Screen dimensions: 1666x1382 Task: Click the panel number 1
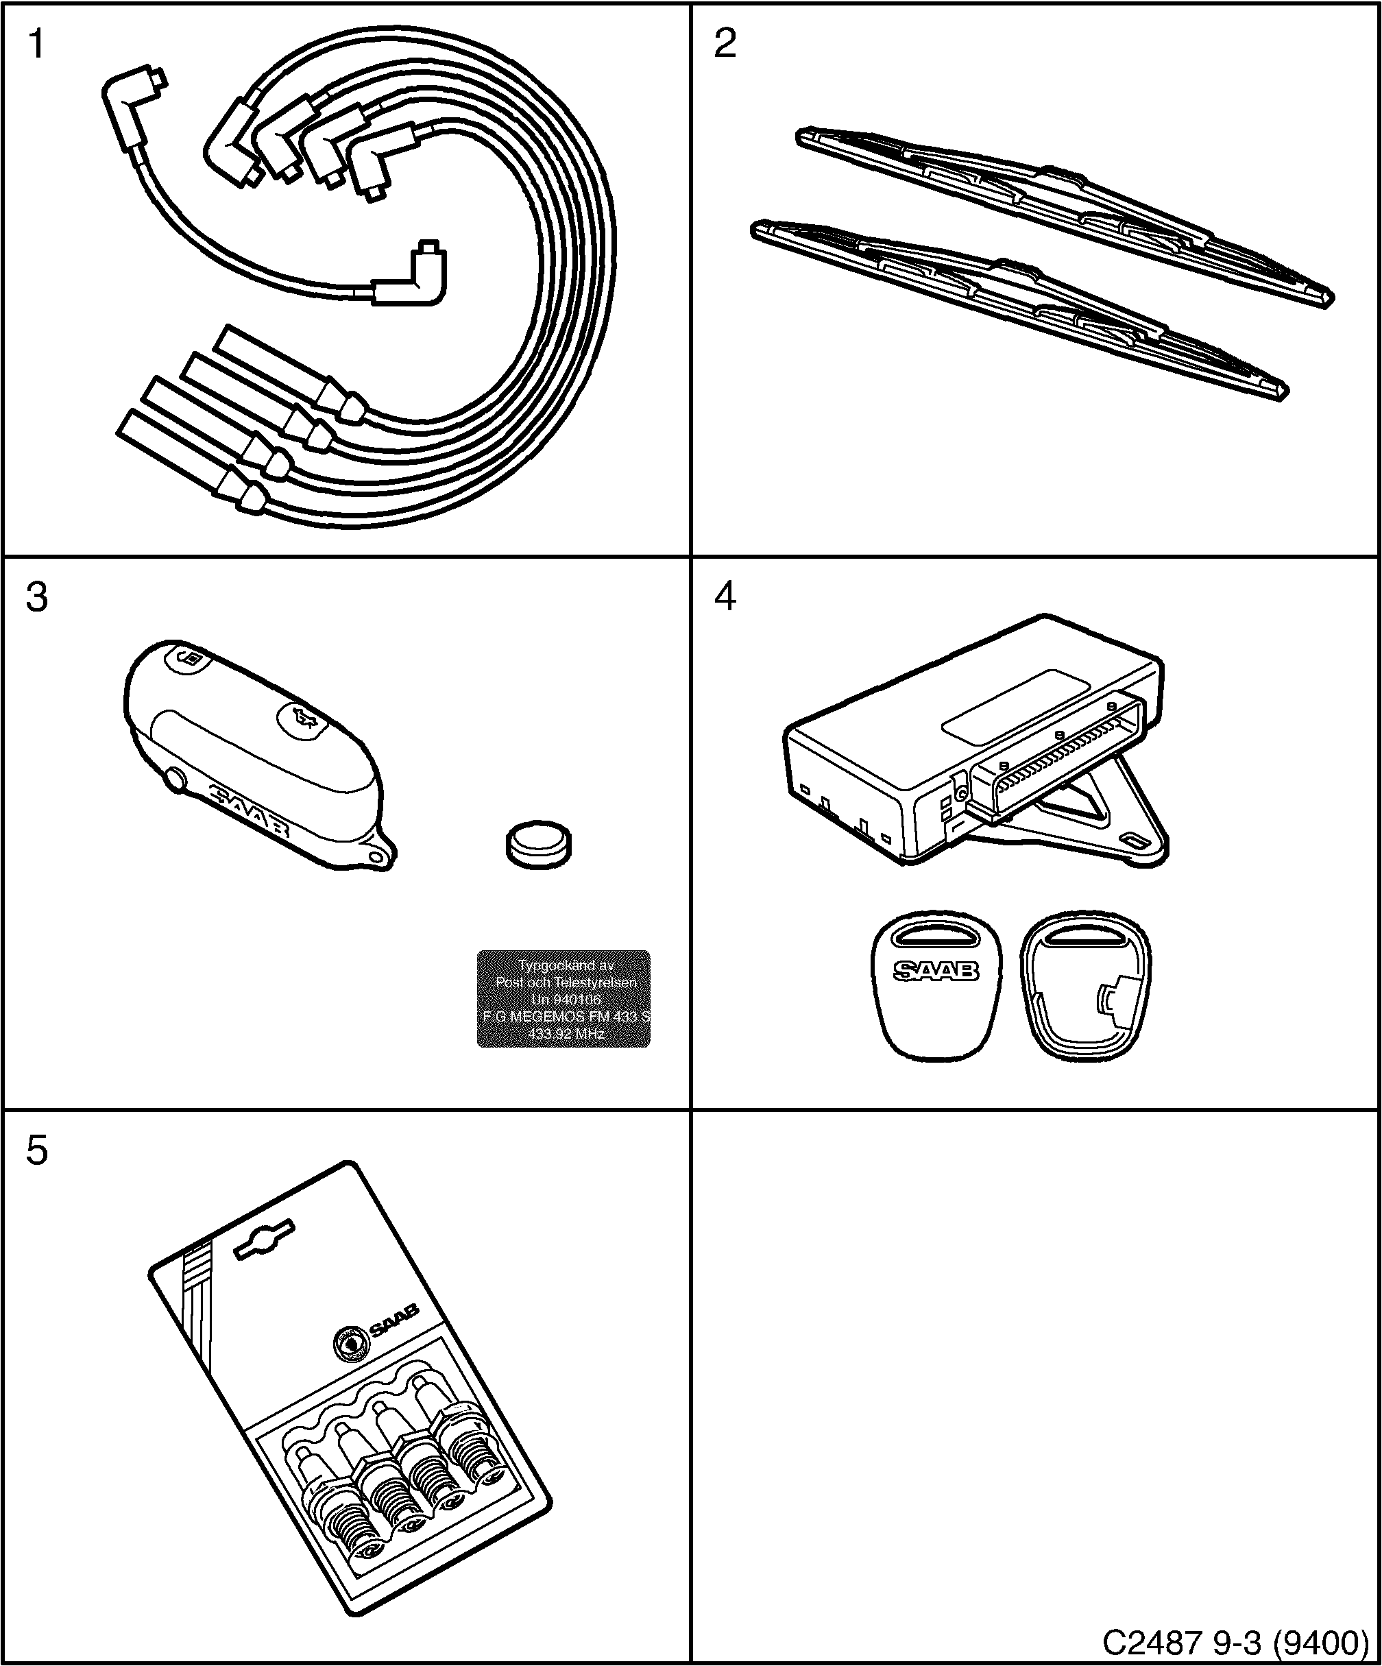point(36,45)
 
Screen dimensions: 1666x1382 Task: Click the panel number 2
point(725,45)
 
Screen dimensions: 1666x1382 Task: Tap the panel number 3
point(36,597)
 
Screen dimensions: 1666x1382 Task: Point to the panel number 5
point(36,1150)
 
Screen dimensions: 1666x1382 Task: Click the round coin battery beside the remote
point(538,845)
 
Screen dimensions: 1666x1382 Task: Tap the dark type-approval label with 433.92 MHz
point(563,999)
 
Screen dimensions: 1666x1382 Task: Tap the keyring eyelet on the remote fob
point(380,855)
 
